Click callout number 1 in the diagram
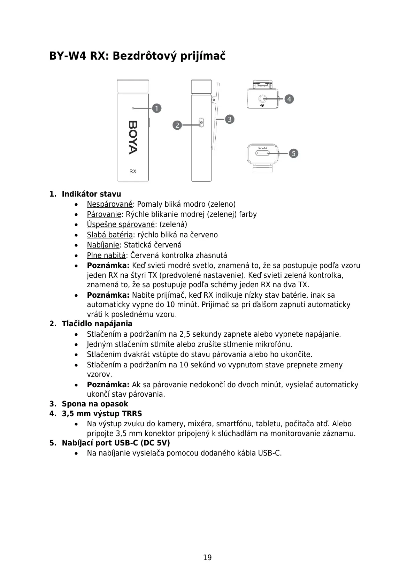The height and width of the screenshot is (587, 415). click(x=157, y=108)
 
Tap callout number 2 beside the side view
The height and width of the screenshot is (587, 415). click(x=177, y=125)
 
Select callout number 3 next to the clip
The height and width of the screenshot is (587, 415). click(x=230, y=119)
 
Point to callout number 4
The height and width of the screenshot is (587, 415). click(x=289, y=99)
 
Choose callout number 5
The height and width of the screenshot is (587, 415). click(x=293, y=153)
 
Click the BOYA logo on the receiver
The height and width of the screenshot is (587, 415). click(x=133, y=137)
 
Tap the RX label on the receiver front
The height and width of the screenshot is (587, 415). click(x=133, y=171)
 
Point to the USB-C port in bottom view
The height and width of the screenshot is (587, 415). click(x=263, y=153)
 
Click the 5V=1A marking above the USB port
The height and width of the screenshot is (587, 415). click(x=262, y=148)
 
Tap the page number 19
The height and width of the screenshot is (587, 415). click(x=207, y=557)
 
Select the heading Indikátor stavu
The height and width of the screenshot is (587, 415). click(x=91, y=194)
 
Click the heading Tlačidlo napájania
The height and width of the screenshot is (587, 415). click(x=97, y=324)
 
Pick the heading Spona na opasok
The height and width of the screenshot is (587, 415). click(x=95, y=404)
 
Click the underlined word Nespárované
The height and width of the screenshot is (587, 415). click(x=109, y=204)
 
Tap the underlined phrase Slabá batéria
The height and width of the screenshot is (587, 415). click(x=109, y=235)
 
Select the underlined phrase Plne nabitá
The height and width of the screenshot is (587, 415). click(x=106, y=256)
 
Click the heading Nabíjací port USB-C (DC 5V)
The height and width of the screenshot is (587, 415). click(x=116, y=443)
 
